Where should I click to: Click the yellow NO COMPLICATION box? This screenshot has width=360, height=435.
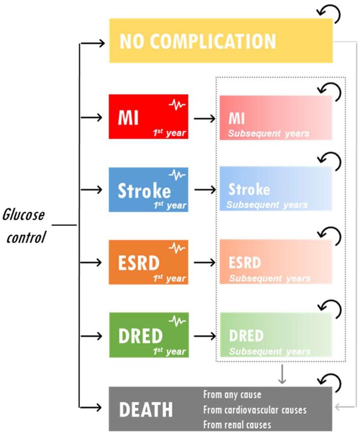click(x=221, y=41)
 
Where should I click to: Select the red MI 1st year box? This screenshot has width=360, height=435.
click(x=148, y=116)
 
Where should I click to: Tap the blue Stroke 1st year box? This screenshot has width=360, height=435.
click(x=148, y=189)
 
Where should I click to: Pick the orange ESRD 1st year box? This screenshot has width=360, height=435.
click(x=148, y=262)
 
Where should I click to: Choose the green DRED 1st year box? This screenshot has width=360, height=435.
click(x=148, y=335)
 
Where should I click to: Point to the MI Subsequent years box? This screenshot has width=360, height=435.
click(x=276, y=117)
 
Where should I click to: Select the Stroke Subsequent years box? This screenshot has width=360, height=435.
click(x=276, y=189)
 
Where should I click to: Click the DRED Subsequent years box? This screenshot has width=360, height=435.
click(x=276, y=335)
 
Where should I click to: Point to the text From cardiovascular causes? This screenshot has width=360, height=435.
click(x=255, y=410)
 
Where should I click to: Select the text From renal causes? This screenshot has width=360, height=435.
click(x=237, y=424)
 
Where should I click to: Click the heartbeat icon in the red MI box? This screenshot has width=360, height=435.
click(x=177, y=105)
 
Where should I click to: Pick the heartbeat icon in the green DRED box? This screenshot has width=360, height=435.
click(x=177, y=322)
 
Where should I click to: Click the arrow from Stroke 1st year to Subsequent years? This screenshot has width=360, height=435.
click(x=204, y=190)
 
